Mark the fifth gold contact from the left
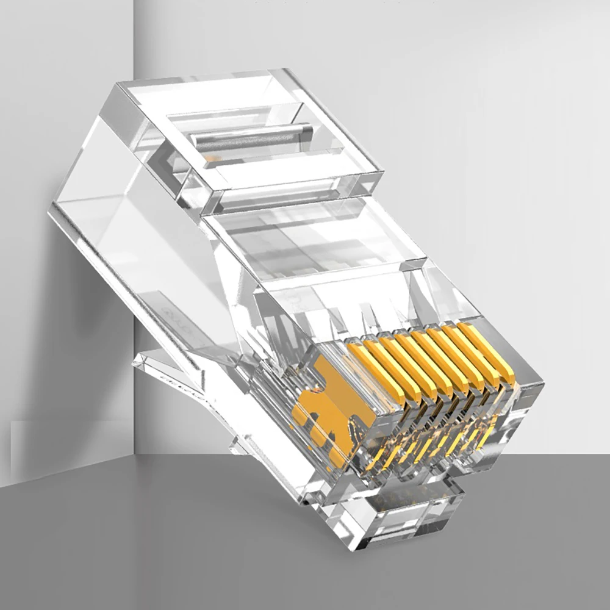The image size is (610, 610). [x=436, y=356]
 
